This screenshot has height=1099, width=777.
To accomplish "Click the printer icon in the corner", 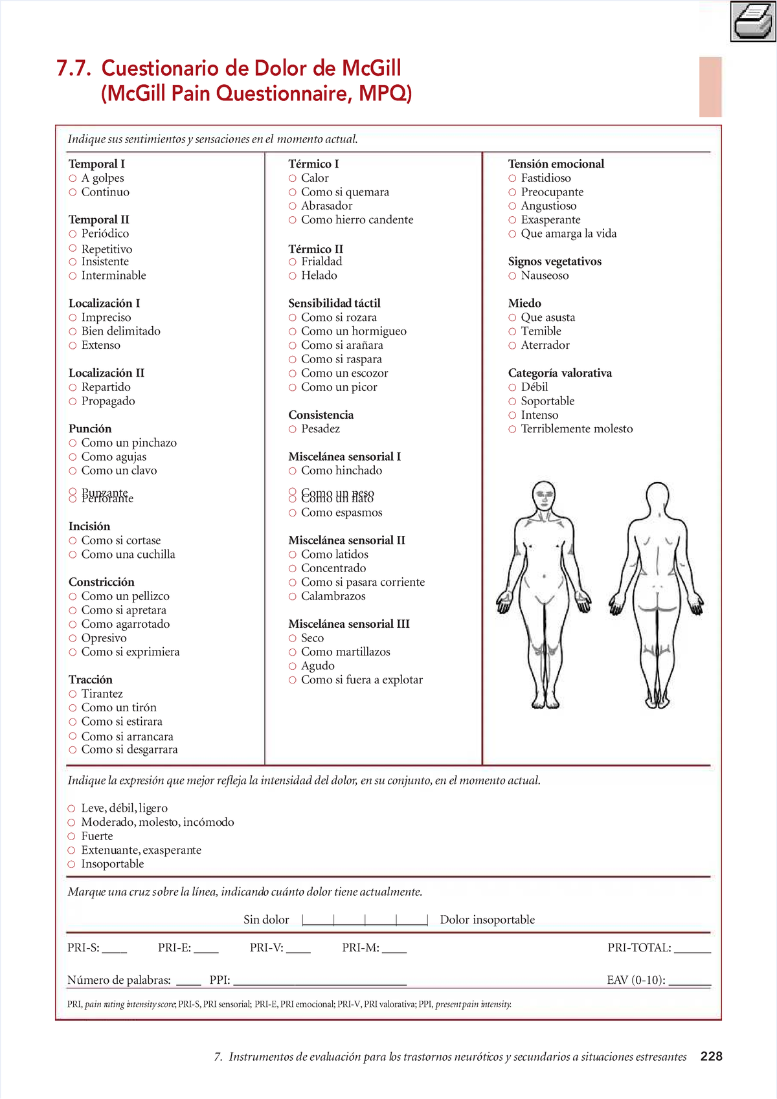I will pyautogui.click(x=753, y=21).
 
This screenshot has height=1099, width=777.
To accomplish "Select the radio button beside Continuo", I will pyautogui.click(x=73, y=192).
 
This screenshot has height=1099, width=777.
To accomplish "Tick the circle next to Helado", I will pyautogui.click(x=292, y=276).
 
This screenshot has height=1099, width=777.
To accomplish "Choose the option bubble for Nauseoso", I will pyautogui.click(x=512, y=276).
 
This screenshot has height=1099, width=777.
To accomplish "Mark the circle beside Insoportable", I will pyautogui.click(x=71, y=864).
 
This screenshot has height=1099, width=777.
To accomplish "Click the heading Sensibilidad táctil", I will pyautogui.click(x=334, y=303).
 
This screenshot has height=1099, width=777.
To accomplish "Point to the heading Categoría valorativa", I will pyautogui.click(x=559, y=373).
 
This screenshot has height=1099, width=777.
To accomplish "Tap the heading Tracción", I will pyautogui.click(x=91, y=680).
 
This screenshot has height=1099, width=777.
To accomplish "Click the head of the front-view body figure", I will pyautogui.click(x=544, y=497).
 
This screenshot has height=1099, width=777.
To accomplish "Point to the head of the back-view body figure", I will pyautogui.click(x=658, y=497).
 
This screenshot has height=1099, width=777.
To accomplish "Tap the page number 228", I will pyautogui.click(x=711, y=1056).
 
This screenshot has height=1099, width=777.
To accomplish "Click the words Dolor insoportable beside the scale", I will pyautogui.click(x=487, y=920).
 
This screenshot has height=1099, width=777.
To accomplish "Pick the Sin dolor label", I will pyautogui.click(x=266, y=920).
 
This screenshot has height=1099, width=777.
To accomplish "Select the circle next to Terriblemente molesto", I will pyautogui.click(x=512, y=429).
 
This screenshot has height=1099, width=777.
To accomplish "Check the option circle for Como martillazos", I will pyautogui.click(x=292, y=652).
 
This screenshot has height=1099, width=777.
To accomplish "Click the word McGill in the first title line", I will pyautogui.click(x=371, y=68).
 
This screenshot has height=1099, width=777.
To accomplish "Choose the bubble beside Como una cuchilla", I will pyautogui.click(x=73, y=555).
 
